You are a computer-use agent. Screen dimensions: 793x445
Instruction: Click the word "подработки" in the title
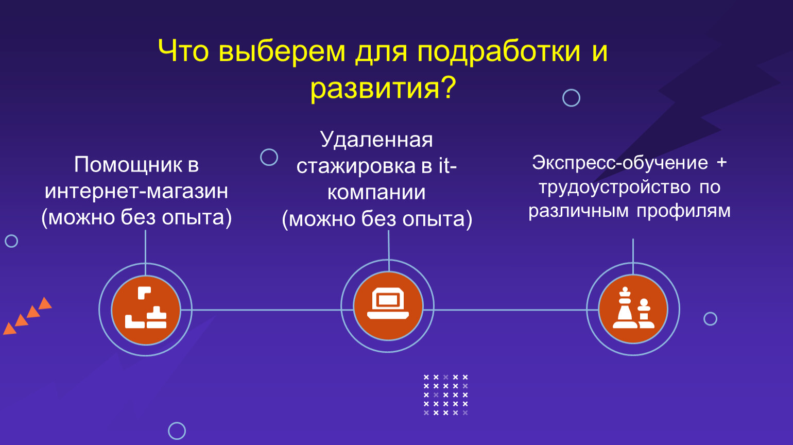click(x=499, y=53)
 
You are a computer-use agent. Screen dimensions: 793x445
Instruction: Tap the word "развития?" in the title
click(x=384, y=89)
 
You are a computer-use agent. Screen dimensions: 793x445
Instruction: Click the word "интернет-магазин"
click(x=136, y=191)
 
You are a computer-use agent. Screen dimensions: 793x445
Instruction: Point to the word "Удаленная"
click(x=376, y=140)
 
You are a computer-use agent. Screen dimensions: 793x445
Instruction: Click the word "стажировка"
click(x=356, y=166)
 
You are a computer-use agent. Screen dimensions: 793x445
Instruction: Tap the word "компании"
click(x=376, y=193)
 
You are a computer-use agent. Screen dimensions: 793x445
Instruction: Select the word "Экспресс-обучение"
click(x=620, y=163)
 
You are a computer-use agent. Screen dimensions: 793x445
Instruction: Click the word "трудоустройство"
click(x=615, y=187)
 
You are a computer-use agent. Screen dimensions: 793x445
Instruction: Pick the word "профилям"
click(x=684, y=212)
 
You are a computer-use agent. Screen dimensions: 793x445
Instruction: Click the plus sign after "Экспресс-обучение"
click(x=721, y=162)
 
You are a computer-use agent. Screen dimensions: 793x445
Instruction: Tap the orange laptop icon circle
click(x=388, y=306)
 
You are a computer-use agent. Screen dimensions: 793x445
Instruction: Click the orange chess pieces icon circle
click(x=633, y=309)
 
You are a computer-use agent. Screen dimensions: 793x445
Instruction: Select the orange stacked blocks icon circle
click(x=146, y=310)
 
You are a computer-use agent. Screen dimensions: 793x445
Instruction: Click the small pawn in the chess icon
click(x=644, y=313)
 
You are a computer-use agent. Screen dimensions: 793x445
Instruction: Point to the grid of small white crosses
click(x=446, y=395)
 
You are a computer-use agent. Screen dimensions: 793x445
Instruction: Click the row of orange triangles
click(x=27, y=316)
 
